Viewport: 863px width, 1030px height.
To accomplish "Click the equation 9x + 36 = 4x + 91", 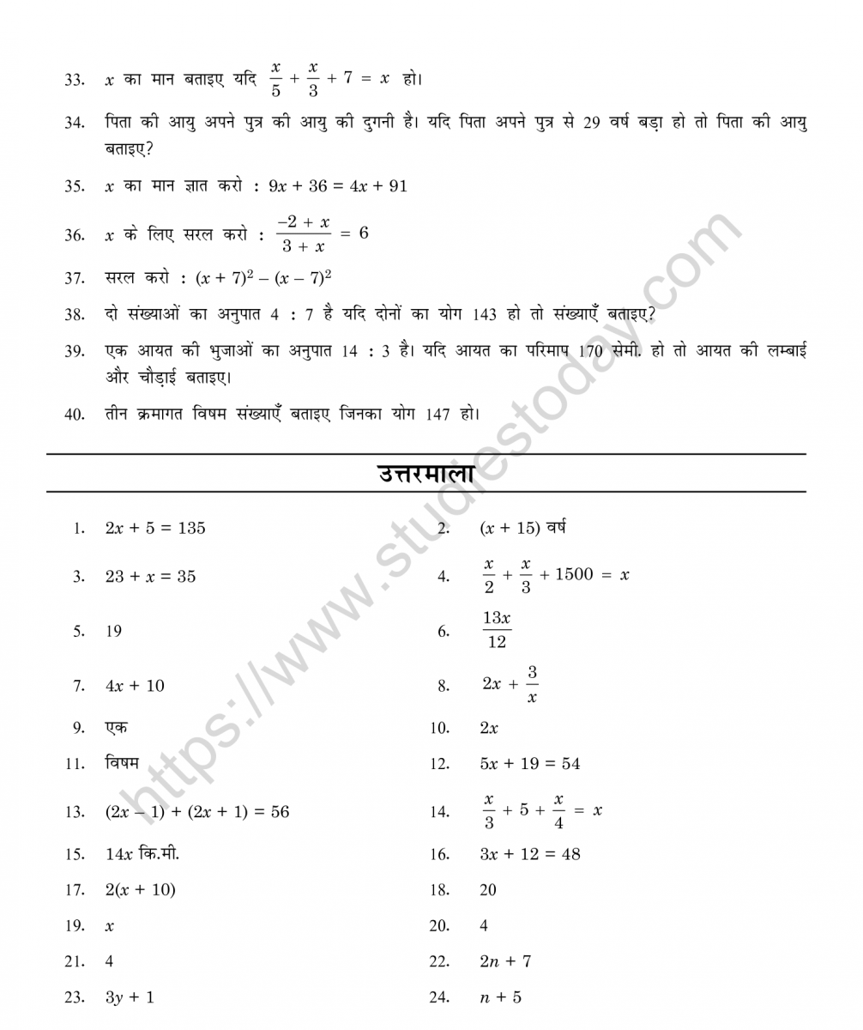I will click(x=337, y=185).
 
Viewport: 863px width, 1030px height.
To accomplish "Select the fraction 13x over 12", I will click(x=497, y=630).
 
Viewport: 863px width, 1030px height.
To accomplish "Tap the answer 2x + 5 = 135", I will click(x=155, y=528).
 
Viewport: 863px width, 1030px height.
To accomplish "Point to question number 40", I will click(x=74, y=414).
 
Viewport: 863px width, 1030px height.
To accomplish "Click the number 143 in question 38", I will click(x=485, y=314).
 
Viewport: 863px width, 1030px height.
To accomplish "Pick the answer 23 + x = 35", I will click(x=150, y=577).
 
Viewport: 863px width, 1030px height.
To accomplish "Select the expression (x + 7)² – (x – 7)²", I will click(x=263, y=277).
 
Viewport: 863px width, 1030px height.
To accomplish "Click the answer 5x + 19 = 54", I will click(x=529, y=764).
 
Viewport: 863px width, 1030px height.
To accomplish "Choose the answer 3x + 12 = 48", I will click(x=529, y=854).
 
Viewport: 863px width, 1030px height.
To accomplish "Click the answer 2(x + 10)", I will click(x=140, y=890).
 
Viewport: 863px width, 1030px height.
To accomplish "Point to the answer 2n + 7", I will click(x=505, y=961).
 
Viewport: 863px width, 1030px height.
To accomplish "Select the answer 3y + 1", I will click(x=130, y=997).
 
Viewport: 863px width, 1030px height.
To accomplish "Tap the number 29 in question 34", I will click(x=592, y=122).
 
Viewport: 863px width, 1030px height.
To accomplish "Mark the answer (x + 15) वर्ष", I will click(x=522, y=528).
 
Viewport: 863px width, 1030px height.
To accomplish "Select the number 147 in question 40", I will click(x=438, y=414).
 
